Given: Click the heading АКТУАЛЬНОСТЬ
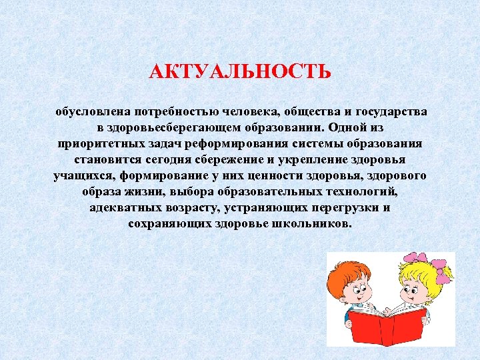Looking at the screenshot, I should [240, 71].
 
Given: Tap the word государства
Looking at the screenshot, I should [389, 111].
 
